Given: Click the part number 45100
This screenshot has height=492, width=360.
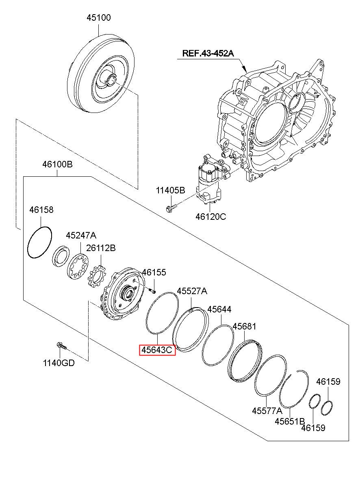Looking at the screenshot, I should (x=98, y=18).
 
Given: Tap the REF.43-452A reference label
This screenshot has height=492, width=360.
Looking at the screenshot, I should (x=208, y=53).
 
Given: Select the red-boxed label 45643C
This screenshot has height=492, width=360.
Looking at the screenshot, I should (x=157, y=350).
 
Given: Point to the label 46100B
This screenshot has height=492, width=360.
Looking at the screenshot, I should (x=57, y=165).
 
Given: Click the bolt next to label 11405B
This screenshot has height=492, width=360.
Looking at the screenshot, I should (x=170, y=209).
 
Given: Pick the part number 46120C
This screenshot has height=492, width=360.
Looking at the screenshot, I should (x=210, y=217).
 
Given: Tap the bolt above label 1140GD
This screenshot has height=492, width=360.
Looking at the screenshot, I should (x=61, y=346).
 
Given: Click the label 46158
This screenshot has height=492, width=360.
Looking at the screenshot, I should (x=41, y=210).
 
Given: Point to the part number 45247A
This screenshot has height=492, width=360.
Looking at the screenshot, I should (x=81, y=236).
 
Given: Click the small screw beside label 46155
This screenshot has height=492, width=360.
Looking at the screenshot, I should (x=152, y=291).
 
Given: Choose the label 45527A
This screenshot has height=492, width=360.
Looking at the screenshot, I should (x=192, y=291).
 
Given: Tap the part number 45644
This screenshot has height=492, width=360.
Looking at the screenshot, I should (x=219, y=310).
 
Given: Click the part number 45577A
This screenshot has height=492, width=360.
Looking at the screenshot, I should (x=267, y=411).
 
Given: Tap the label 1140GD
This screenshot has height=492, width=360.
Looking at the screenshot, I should (x=59, y=363).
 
